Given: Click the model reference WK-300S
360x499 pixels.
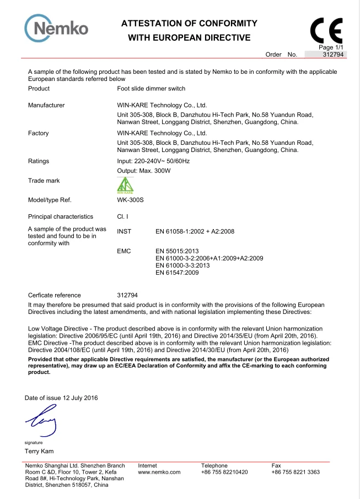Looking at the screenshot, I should coord(131,200).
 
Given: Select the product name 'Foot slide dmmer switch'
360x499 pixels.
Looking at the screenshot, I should coord(151,89).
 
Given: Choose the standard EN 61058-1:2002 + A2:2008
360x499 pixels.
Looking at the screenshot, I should coord(195,231).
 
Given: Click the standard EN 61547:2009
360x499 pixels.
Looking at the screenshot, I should coord(177,272).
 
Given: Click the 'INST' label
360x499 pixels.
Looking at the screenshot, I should coord(125,231).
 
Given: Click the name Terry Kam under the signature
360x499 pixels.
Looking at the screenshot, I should coord(40,452).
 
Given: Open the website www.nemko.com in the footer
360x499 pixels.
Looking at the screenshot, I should coord(159,472).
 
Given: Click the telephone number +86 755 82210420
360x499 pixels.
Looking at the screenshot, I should coord(224,472).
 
